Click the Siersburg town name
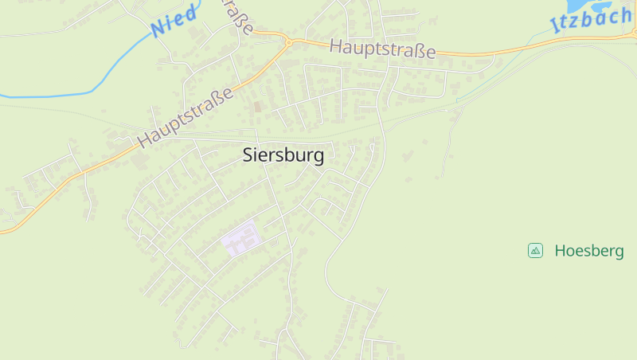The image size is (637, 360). [x=283, y=155]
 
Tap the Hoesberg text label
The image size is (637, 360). [x=589, y=251]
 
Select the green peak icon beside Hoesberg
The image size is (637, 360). [x=535, y=251]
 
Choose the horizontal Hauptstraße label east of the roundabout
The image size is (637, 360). [x=382, y=49]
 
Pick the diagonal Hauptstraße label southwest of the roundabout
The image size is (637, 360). [x=185, y=117]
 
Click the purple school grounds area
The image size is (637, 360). [x=241, y=238]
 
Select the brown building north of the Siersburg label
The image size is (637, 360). [x=256, y=106]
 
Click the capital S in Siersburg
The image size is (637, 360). [x=248, y=155]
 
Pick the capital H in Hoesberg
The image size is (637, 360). [x=560, y=251]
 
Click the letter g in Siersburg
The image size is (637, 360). [x=318, y=157]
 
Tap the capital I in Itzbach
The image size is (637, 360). [x=554, y=26]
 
